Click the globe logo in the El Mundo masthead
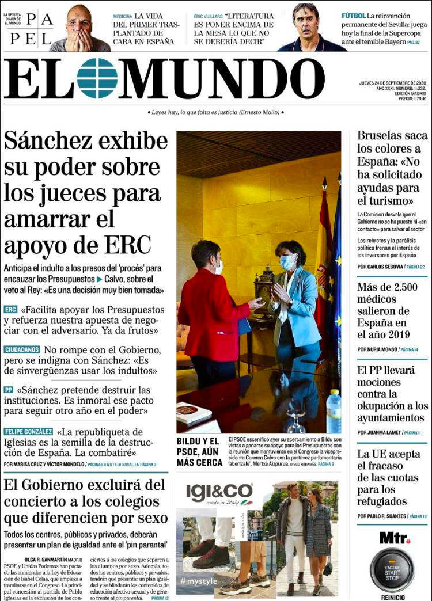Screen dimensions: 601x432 [x=97, y=78]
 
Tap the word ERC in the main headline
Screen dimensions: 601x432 [x=127, y=245]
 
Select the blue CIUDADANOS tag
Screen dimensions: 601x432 [x=22, y=349]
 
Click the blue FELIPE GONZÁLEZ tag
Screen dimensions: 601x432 [x=28, y=431]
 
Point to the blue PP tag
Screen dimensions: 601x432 [x=9, y=390]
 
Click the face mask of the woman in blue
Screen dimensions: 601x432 [x=287, y=263]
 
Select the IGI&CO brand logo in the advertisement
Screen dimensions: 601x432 [x=219, y=492]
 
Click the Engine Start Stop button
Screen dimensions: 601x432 [x=392, y=568]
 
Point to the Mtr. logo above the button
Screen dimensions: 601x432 [x=394, y=538]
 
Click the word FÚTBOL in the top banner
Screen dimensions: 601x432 [x=353, y=16]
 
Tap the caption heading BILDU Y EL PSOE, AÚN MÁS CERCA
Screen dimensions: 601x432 [x=199, y=451]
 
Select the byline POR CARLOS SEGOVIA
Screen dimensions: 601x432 [x=378, y=267]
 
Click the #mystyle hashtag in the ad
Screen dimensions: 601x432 [x=199, y=581]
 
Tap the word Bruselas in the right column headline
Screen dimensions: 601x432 [x=380, y=136]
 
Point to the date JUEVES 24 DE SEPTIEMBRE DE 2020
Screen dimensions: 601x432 [x=391, y=83]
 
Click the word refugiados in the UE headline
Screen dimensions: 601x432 [x=384, y=501]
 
